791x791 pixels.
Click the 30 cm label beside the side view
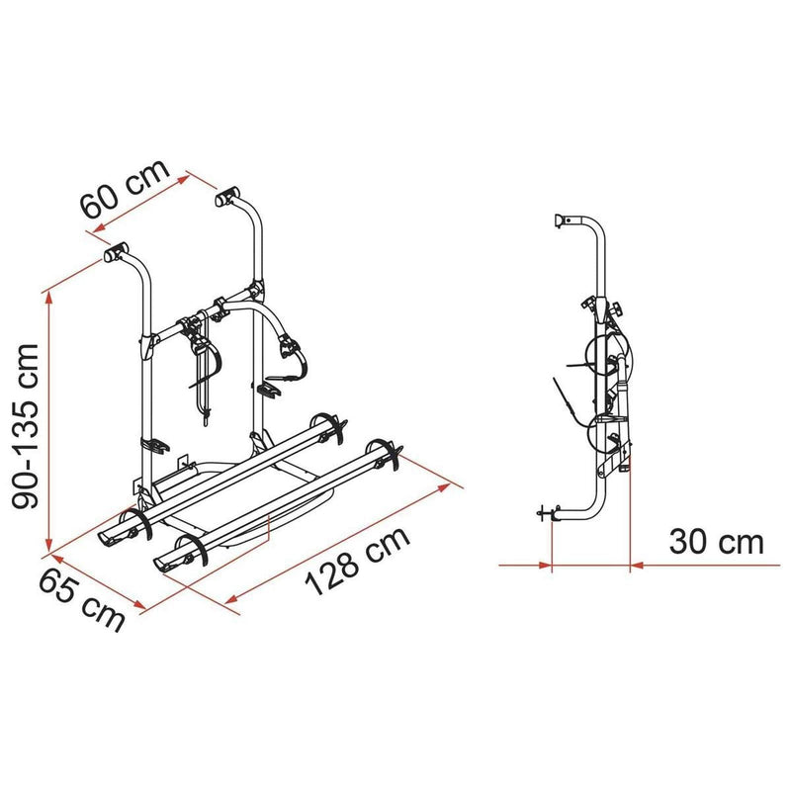tap(716, 542)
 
